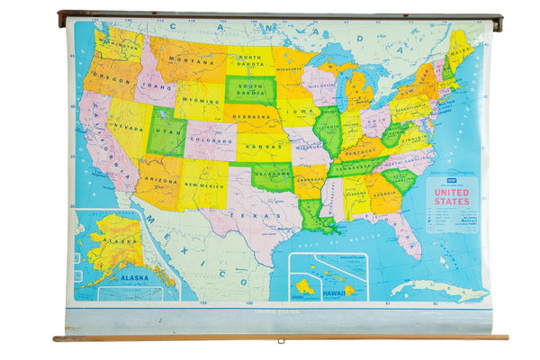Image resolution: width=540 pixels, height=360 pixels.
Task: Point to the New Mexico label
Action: (x=203, y=184)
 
